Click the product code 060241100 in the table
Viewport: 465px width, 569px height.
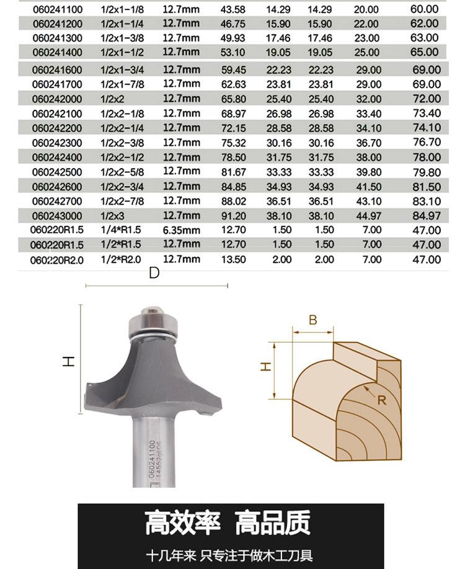pos(58,9)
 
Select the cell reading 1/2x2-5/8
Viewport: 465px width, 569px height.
pos(122,172)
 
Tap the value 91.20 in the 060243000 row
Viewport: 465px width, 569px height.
pos(234,216)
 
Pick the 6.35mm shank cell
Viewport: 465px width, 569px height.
pos(182,230)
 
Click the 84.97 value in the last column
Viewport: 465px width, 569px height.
pos(427,216)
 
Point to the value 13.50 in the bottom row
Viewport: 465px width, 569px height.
pos(234,259)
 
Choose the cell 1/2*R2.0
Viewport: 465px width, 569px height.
pos(121,259)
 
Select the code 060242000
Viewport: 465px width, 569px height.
pos(57,99)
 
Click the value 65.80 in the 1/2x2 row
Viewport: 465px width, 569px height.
pos(234,99)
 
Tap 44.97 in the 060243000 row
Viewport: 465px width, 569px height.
pos(368,216)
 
